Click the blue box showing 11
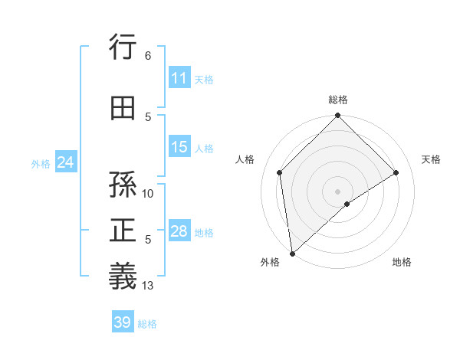point(179,78)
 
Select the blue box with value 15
point(179,148)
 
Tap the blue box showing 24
point(65,163)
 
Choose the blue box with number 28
point(179,231)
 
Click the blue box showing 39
point(122,322)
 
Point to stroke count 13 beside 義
point(148,286)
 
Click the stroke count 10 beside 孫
point(148,194)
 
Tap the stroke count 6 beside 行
point(148,56)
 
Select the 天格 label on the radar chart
point(432,159)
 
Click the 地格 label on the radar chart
point(402,262)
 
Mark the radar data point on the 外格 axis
point(292,253)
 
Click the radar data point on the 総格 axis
point(337,116)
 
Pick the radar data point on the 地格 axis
point(347,204)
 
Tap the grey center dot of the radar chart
point(337,190)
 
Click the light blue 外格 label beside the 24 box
point(41,163)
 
